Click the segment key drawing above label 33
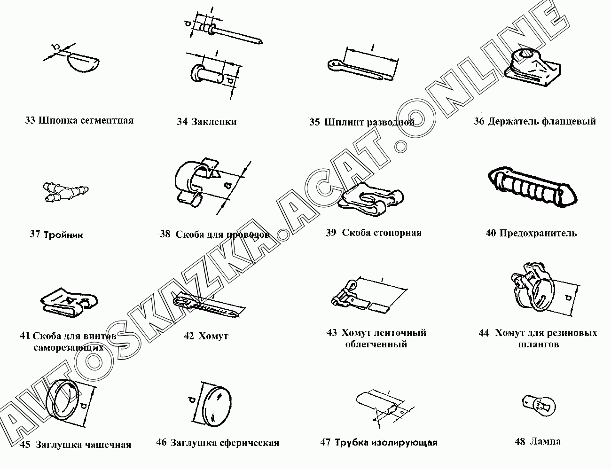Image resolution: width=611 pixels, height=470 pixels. (84, 63)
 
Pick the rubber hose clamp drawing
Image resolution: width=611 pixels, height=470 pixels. (534, 288)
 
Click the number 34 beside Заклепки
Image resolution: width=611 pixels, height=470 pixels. (182, 122)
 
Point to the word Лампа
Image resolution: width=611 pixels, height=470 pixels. (545, 441)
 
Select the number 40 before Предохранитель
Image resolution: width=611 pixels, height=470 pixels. (491, 233)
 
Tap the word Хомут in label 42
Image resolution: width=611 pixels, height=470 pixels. (213, 336)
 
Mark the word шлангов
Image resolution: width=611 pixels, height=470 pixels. (538, 345)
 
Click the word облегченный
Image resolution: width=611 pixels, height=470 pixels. (376, 344)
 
